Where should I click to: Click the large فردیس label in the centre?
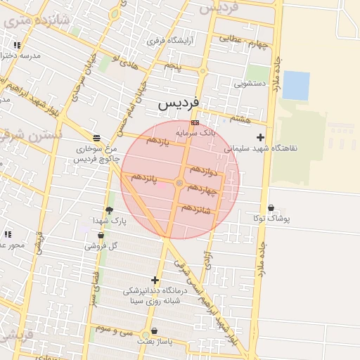tap(178, 103)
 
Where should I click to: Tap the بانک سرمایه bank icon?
tap(195, 122)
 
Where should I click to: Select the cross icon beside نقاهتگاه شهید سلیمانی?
tap(261, 137)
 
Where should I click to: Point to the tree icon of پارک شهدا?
tap(109, 210)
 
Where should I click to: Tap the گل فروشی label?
tap(101, 246)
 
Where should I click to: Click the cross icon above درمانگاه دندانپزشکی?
tap(155, 280)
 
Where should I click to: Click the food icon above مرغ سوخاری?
tap(96, 137)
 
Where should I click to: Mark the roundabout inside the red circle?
tap(179, 184)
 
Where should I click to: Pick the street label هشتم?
tap(240, 120)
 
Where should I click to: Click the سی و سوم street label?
tap(113, 329)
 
